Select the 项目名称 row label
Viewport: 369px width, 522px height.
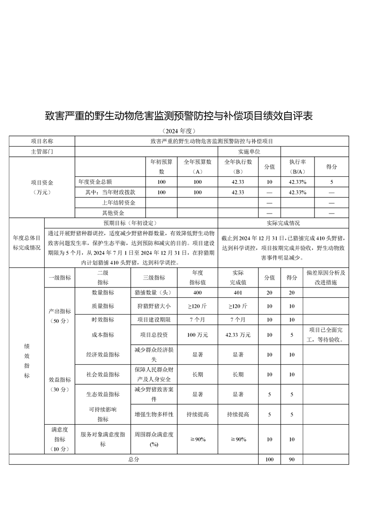[42, 141]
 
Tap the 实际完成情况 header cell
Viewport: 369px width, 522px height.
[283, 223]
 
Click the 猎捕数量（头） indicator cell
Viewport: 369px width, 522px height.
[154, 293]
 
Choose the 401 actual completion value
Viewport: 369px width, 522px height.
[237, 293]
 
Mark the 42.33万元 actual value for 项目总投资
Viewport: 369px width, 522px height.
[237, 335]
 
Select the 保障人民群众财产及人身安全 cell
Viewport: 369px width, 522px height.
[154, 375]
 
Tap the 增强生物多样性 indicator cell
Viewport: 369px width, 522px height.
[154, 414]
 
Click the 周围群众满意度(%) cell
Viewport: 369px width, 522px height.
[154, 439]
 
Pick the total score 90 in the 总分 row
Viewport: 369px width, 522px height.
[291, 459]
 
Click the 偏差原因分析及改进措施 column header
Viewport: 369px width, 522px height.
[326, 277]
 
